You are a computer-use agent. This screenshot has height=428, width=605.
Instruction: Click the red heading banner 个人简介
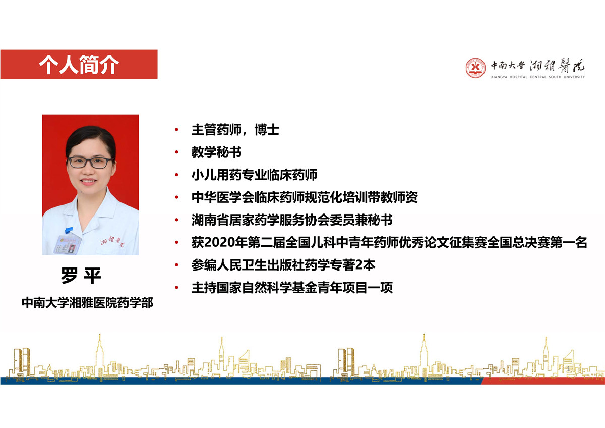79,64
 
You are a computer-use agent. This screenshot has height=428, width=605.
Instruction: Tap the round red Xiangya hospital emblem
475,68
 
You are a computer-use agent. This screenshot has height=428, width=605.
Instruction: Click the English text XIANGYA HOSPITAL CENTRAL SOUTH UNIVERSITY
538,77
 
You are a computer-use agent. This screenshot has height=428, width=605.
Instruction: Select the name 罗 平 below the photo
81,276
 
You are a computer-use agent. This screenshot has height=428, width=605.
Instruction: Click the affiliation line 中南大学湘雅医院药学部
88,303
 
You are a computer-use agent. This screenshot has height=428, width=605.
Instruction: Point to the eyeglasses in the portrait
90,163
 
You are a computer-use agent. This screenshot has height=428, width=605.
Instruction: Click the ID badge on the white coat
66,244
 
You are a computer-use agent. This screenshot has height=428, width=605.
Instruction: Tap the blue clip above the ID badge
69,230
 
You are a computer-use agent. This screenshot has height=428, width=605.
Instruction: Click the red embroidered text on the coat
111,241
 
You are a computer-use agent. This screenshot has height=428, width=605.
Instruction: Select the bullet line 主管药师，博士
235,130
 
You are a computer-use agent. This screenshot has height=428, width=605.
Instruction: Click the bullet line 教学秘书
216,152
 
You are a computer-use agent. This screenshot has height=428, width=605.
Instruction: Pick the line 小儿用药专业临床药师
254,175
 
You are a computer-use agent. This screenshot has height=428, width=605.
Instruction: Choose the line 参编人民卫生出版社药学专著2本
283,265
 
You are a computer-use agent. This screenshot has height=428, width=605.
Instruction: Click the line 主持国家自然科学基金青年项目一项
292,288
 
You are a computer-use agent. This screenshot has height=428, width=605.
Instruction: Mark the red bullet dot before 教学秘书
176,152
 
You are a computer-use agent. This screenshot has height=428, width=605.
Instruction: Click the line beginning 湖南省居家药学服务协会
292,220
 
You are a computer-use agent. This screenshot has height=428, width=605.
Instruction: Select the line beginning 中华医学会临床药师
305,197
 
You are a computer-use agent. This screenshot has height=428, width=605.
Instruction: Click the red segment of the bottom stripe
543,381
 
